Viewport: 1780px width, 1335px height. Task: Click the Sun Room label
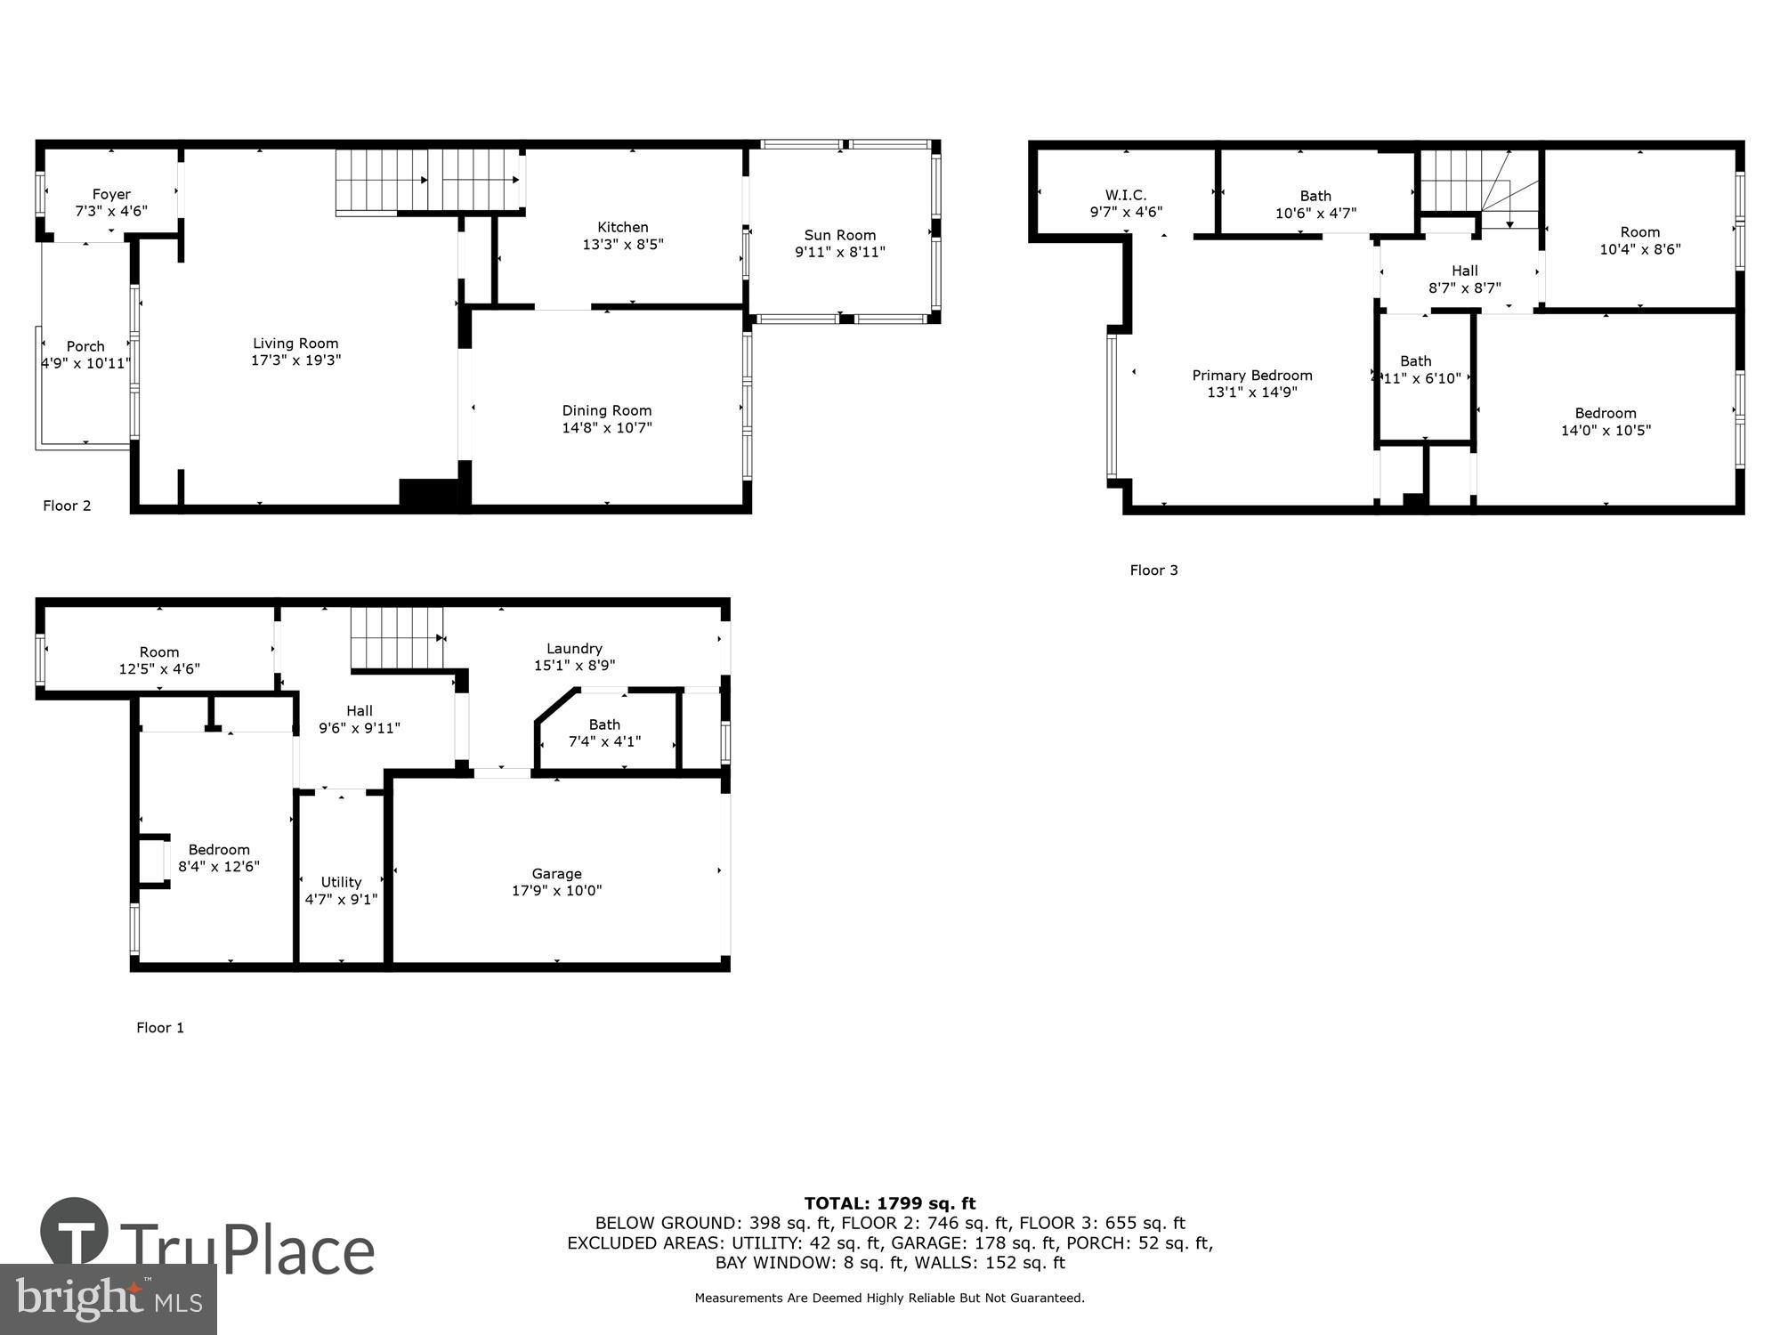click(x=840, y=235)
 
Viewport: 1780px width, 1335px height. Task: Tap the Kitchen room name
click(x=623, y=227)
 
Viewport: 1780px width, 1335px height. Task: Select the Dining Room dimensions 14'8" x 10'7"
click(x=607, y=428)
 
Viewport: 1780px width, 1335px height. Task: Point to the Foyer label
click(x=111, y=194)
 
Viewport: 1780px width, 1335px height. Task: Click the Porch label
click(x=85, y=346)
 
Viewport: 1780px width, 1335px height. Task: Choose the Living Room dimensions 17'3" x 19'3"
click(x=296, y=360)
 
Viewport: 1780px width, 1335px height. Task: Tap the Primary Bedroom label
click(x=1252, y=376)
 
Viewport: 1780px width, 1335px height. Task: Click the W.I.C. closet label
click(x=1126, y=195)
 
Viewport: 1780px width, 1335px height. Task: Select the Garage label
click(x=557, y=874)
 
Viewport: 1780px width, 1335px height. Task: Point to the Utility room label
click(x=341, y=882)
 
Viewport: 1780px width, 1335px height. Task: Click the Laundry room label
click(x=575, y=649)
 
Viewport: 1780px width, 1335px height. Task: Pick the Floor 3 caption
click(x=1154, y=570)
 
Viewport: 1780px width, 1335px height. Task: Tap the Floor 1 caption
click(x=160, y=1027)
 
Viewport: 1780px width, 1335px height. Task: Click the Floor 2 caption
click(x=67, y=506)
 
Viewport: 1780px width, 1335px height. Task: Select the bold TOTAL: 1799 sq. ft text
click(x=890, y=1204)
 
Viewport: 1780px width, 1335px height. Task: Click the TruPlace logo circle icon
click(x=75, y=1232)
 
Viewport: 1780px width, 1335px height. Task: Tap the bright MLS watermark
click(x=109, y=1299)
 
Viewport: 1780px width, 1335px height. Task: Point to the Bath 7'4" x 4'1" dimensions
click(x=605, y=741)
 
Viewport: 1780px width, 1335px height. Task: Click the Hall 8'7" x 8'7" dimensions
click(x=1465, y=288)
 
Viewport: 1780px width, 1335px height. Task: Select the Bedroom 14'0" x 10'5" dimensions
click(x=1606, y=431)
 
